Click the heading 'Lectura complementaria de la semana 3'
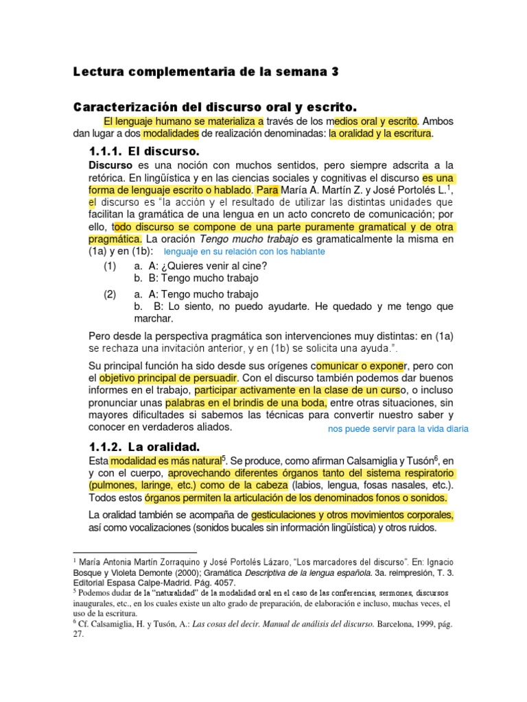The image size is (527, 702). pos(206,71)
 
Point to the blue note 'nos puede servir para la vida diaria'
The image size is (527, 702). pos(398,429)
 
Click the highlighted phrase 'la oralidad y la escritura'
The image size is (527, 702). pos(380,134)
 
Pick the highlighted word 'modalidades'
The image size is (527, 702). pos(171,134)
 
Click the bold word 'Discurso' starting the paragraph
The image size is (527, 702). pos(111,166)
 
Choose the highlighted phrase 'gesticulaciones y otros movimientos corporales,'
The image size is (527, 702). pos(352,515)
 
